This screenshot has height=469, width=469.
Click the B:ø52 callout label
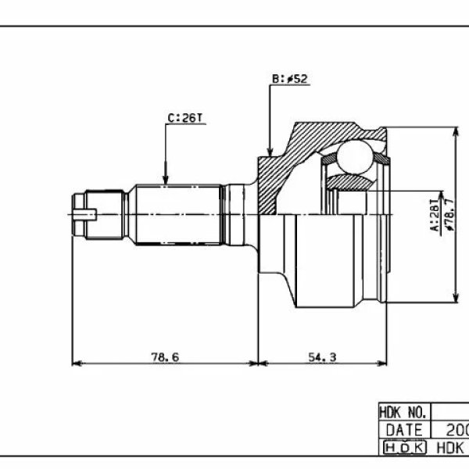pos(289,78)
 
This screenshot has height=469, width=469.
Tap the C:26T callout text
pos(185,118)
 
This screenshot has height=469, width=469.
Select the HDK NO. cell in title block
pos(403,412)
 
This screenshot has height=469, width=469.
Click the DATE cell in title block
pos(403,430)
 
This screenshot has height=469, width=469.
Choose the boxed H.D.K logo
pos(403,448)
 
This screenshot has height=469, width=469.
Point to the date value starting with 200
pos(456,430)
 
